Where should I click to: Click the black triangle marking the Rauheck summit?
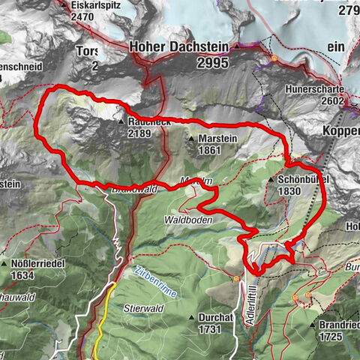[120, 121]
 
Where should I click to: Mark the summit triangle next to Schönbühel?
[271, 180]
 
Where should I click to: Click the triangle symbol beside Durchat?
[192, 316]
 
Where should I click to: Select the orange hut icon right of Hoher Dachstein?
[274, 58]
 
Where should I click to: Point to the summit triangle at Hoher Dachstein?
[236, 45]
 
